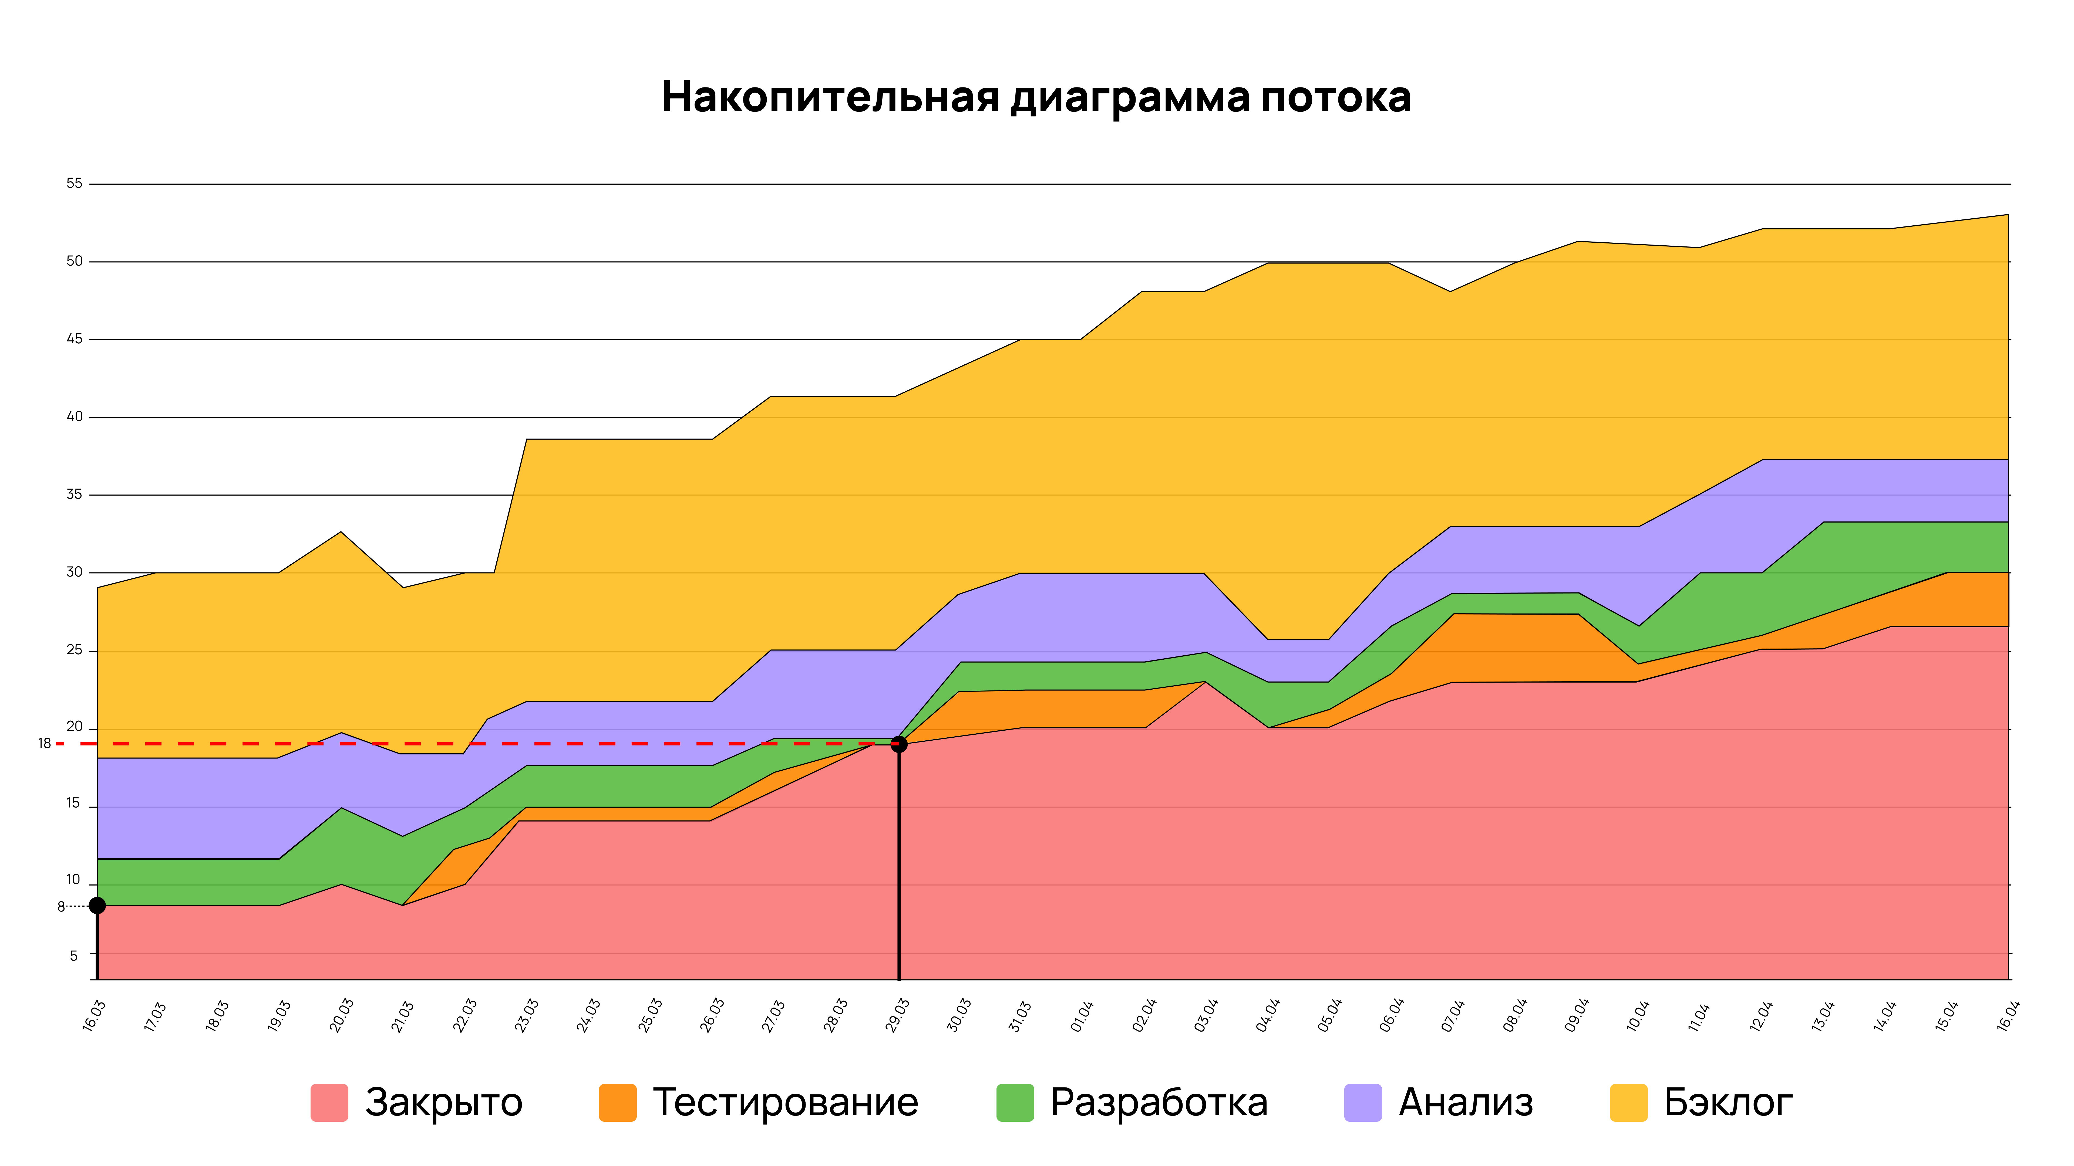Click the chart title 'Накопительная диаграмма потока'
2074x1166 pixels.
[x=1036, y=97]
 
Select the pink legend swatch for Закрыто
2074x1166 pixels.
[x=329, y=1102]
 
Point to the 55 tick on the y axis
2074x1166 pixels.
[x=74, y=184]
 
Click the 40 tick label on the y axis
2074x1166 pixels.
[x=74, y=417]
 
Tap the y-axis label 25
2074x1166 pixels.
[x=74, y=650]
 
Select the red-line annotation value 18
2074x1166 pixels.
[x=44, y=744]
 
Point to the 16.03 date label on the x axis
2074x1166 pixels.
[x=94, y=1015]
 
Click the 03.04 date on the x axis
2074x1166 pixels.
[x=1205, y=1015]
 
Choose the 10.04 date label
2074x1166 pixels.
[x=1638, y=1015]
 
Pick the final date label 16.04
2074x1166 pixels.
[x=2008, y=1015]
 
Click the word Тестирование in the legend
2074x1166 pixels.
[x=785, y=1102]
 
